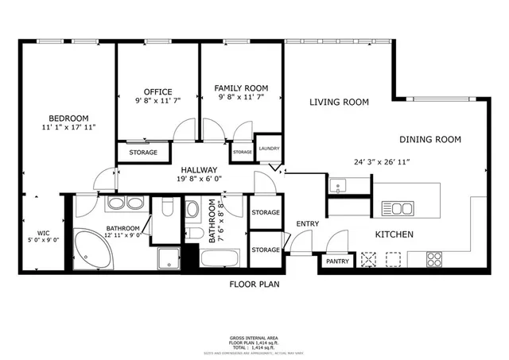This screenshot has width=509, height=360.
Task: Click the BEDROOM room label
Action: click(68, 118)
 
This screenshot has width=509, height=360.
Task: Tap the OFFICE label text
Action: click(157, 91)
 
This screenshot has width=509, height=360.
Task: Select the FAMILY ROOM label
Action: click(241, 87)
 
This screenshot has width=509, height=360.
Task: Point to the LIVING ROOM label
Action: click(339, 102)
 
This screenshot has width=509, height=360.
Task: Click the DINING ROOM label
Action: click(430, 139)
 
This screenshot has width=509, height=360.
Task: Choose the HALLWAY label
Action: click(199, 170)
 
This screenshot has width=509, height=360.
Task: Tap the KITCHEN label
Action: click(394, 234)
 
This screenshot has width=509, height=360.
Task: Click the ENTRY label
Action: click(308, 224)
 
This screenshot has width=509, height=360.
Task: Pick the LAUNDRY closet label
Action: click(268, 148)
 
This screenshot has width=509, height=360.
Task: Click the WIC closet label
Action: click(32, 211)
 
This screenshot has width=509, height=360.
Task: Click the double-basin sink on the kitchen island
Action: click(398, 209)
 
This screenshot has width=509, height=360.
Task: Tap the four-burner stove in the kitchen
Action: click(435, 258)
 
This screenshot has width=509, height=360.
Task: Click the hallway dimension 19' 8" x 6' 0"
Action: click(199, 180)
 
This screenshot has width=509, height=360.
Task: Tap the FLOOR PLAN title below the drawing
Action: click(254, 284)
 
